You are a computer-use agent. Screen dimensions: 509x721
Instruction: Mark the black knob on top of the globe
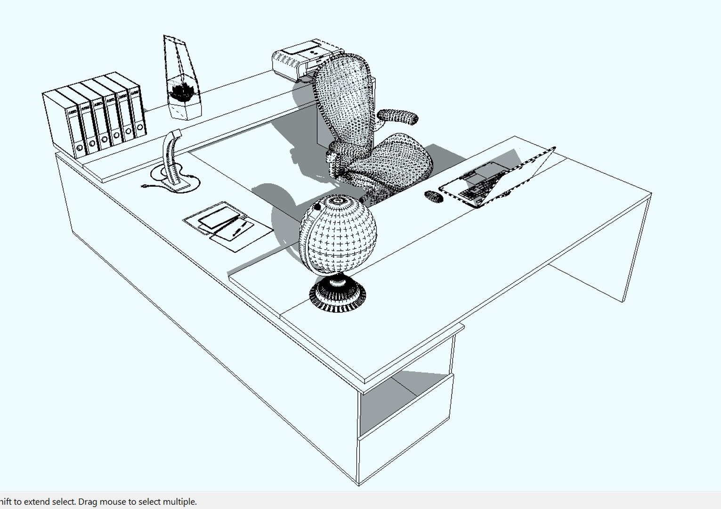tap(317, 207)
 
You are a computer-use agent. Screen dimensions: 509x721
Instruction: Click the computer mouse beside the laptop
tap(434, 196)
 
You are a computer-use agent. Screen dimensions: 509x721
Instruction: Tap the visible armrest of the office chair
tap(398, 117)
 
